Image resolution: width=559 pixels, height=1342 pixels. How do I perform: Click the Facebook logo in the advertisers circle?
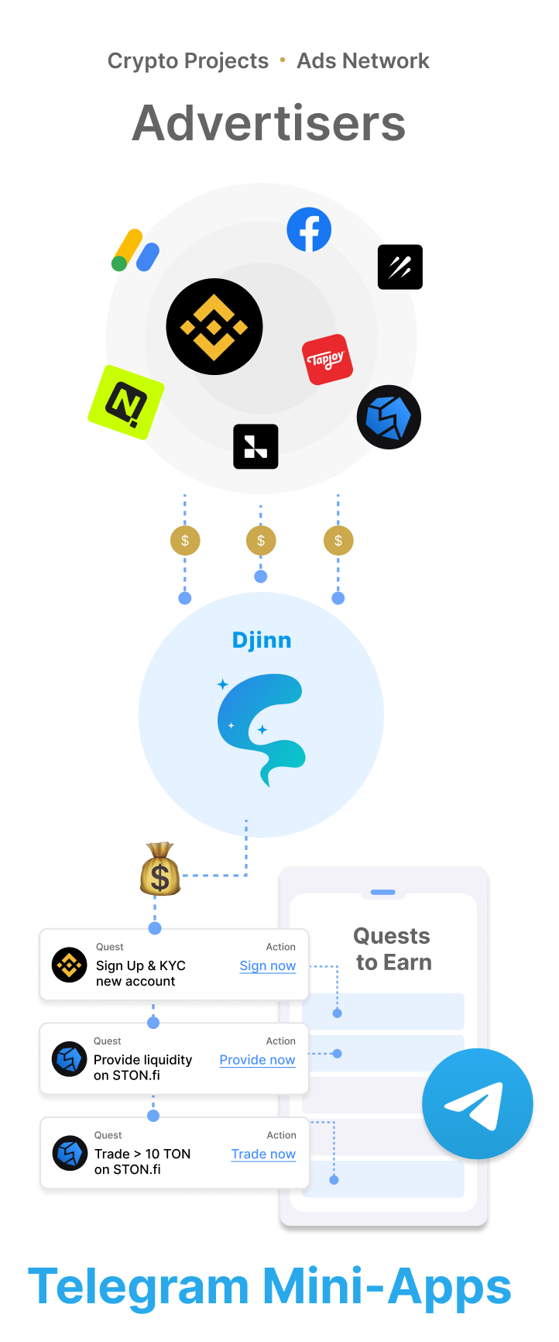click(309, 229)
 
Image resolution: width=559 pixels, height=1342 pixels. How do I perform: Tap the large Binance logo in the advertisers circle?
click(214, 327)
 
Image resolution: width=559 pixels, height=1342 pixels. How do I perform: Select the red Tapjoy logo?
click(327, 360)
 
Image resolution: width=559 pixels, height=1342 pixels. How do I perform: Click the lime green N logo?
click(125, 402)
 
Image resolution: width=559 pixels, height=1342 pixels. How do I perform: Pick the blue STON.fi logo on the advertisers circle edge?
click(388, 418)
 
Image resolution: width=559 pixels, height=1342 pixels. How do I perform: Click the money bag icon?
click(159, 870)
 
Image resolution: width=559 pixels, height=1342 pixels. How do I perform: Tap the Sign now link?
click(268, 965)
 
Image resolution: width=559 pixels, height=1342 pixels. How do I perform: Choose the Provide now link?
click(257, 1059)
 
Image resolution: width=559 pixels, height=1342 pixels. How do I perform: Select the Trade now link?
click(263, 1154)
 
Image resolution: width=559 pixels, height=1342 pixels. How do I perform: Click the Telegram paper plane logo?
click(478, 1103)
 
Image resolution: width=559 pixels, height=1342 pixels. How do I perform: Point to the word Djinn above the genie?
click(262, 640)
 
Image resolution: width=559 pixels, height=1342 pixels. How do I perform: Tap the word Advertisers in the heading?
click(269, 124)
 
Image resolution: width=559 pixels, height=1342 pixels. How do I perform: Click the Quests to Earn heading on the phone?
click(393, 949)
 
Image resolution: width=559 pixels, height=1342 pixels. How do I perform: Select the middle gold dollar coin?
click(261, 540)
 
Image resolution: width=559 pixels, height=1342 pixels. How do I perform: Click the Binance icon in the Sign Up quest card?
click(69, 965)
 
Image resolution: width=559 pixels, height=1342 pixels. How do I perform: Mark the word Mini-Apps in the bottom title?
click(386, 1287)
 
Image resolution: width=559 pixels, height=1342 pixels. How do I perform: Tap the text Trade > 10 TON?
click(142, 1154)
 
